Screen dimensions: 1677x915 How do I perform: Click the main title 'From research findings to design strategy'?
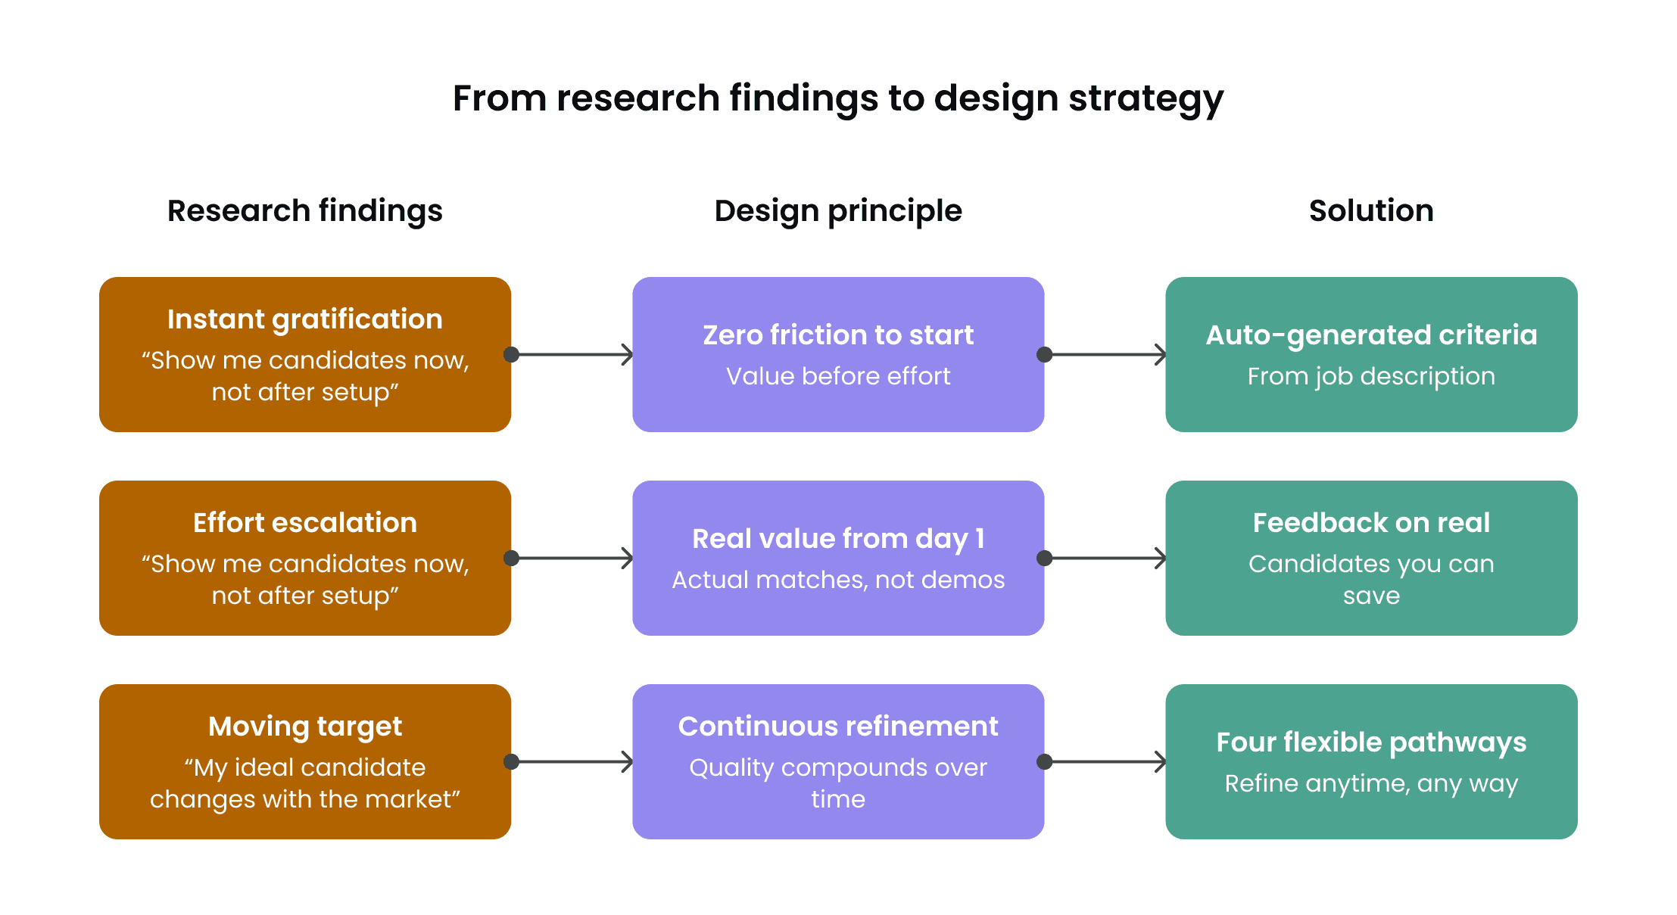pos(838,98)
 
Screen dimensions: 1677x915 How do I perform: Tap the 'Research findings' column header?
pos(305,210)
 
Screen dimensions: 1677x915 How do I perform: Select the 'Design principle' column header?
pos(838,211)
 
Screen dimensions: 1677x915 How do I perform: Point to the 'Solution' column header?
pos(1371,210)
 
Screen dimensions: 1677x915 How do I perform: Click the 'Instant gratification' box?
pos(305,354)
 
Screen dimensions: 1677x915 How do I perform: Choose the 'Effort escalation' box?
pos(305,558)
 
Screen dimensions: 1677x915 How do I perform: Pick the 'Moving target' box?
pos(305,761)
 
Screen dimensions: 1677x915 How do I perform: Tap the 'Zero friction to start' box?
pos(838,354)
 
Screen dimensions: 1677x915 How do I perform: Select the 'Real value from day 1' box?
pos(838,558)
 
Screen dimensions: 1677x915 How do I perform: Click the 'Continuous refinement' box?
pos(838,761)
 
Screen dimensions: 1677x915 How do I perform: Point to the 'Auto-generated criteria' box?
pos(1371,354)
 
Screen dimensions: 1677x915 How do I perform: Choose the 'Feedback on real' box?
pos(1371,558)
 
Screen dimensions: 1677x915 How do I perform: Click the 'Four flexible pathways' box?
pos(1371,761)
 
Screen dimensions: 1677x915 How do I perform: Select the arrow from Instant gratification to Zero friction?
pos(572,354)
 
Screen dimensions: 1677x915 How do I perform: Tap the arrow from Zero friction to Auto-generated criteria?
pos(1105,354)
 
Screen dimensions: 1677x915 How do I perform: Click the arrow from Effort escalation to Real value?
pos(572,558)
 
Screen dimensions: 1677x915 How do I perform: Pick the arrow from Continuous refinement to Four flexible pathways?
pos(1105,761)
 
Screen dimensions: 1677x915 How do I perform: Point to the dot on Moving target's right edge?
pos(511,761)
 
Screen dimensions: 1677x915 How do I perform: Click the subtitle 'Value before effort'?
pos(838,376)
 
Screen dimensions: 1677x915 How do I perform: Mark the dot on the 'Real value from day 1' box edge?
pos(1044,558)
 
